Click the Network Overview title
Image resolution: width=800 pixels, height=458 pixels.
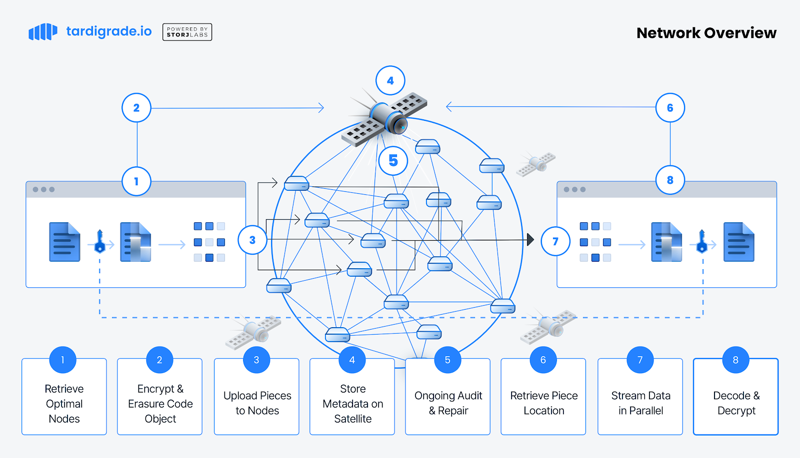tap(706, 33)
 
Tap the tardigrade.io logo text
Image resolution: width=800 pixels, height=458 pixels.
tap(108, 31)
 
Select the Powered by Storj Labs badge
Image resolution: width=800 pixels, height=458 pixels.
tap(187, 32)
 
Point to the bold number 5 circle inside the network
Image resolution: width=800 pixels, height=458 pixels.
tap(393, 161)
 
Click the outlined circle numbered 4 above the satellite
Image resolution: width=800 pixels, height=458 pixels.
tap(390, 80)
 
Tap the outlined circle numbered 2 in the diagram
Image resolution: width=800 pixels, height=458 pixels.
tap(136, 107)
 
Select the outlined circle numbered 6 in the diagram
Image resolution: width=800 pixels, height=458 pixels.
tap(670, 107)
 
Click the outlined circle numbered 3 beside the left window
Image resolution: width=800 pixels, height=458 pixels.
tap(252, 240)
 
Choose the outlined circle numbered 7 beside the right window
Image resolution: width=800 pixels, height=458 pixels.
tap(555, 241)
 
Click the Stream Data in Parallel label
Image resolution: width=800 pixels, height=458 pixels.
tap(640, 403)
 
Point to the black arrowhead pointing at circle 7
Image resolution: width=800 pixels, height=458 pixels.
tap(530, 240)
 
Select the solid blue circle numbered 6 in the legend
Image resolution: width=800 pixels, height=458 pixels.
tap(543, 360)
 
